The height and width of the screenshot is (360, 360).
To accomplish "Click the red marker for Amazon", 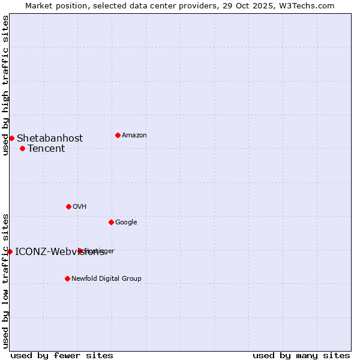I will tap(118, 135).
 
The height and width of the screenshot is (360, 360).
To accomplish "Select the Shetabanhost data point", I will tap(11, 138).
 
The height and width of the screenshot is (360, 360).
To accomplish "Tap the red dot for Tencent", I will tap(22, 148).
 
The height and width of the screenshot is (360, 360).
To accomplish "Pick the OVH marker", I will tap(68, 206).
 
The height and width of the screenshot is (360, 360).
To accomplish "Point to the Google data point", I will tap(111, 222).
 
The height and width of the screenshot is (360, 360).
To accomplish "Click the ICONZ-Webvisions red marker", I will tap(10, 251).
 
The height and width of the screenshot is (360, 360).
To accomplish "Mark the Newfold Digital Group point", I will tap(67, 278).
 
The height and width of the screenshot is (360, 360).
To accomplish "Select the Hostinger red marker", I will tap(80, 251).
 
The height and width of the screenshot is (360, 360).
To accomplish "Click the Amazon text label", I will tap(134, 136).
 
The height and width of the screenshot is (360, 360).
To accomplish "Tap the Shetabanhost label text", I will tap(50, 139).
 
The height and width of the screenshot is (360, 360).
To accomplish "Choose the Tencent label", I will tap(46, 149).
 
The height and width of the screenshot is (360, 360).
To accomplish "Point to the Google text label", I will tap(126, 223).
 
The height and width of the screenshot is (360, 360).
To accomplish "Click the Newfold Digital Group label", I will tap(106, 279).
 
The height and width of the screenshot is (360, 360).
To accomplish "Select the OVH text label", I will tap(80, 207).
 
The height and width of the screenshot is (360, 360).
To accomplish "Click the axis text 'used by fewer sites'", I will tap(62, 355).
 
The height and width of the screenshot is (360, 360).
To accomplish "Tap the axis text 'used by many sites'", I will tap(301, 355).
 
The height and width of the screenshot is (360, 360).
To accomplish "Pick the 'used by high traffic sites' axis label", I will tap(5, 85).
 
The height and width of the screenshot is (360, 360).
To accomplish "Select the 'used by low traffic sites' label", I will tap(5, 281).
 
